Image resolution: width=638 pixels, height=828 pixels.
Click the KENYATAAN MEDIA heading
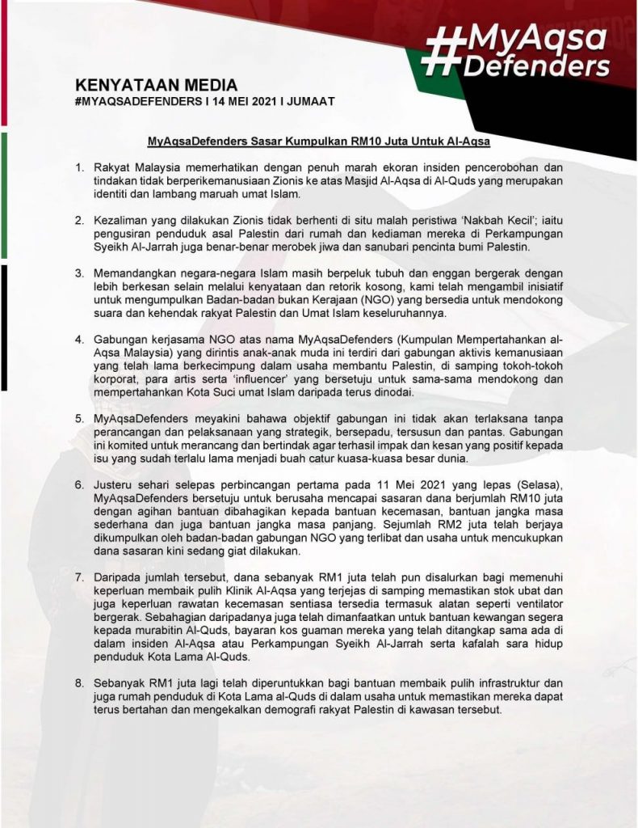point(157,85)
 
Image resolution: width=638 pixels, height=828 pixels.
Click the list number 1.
point(79,167)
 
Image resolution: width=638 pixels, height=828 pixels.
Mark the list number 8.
point(79,683)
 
